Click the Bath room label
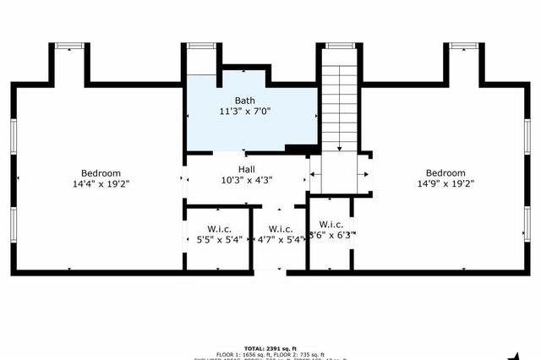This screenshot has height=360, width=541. (244, 101)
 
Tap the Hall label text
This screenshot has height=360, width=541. (246, 170)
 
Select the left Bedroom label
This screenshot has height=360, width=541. (101, 172)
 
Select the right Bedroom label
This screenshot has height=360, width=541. (445, 172)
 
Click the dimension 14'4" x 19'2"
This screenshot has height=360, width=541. (101, 183)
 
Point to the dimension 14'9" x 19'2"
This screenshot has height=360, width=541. (445, 183)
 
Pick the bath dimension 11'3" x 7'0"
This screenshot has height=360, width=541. (244, 112)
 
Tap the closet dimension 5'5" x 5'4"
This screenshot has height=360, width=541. (214, 240)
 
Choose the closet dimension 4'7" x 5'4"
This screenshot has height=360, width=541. (280, 240)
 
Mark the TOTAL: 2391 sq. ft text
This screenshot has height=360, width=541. (269, 346)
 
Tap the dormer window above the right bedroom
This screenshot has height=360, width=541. (462, 46)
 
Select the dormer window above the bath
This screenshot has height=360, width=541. (200, 46)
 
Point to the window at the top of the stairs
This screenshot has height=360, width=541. (340, 46)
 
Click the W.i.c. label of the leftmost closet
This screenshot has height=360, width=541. (220, 229)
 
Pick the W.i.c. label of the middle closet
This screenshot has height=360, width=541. (280, 229)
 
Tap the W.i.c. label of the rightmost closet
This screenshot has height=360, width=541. (331, 224)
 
